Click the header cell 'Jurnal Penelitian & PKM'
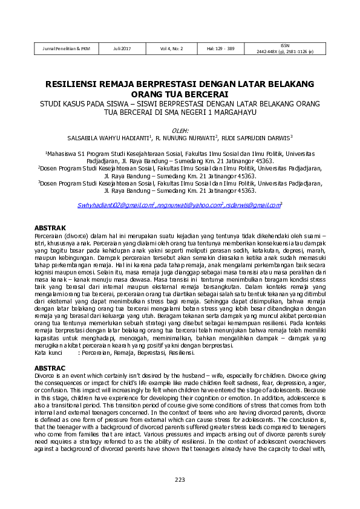pos(66,48)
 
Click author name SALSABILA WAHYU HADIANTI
pos(105,137)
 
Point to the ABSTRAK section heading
pos(50,228)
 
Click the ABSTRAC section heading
pos(50,368)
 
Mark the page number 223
pos(180,480)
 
